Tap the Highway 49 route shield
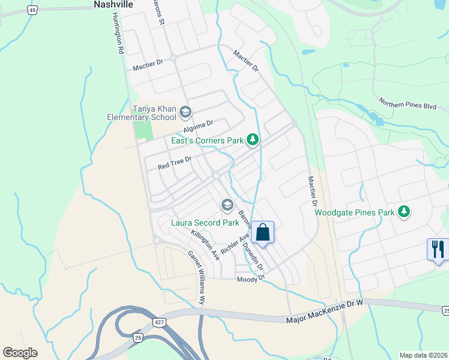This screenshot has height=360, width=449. [32, 10]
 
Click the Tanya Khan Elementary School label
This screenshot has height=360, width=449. [155, 113]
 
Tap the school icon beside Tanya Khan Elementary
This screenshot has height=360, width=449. [185, 112]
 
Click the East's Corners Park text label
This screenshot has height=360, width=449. [207, 140]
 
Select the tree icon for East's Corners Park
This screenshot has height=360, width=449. [253, 140]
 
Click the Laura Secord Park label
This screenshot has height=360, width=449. [205, 223]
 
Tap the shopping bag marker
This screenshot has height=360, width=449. [263, 232]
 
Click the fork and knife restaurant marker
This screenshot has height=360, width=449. [438, 248]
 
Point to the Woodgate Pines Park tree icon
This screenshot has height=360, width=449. [405, 211]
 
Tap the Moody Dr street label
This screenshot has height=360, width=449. [250, 280]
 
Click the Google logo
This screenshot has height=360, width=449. [20, 353]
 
